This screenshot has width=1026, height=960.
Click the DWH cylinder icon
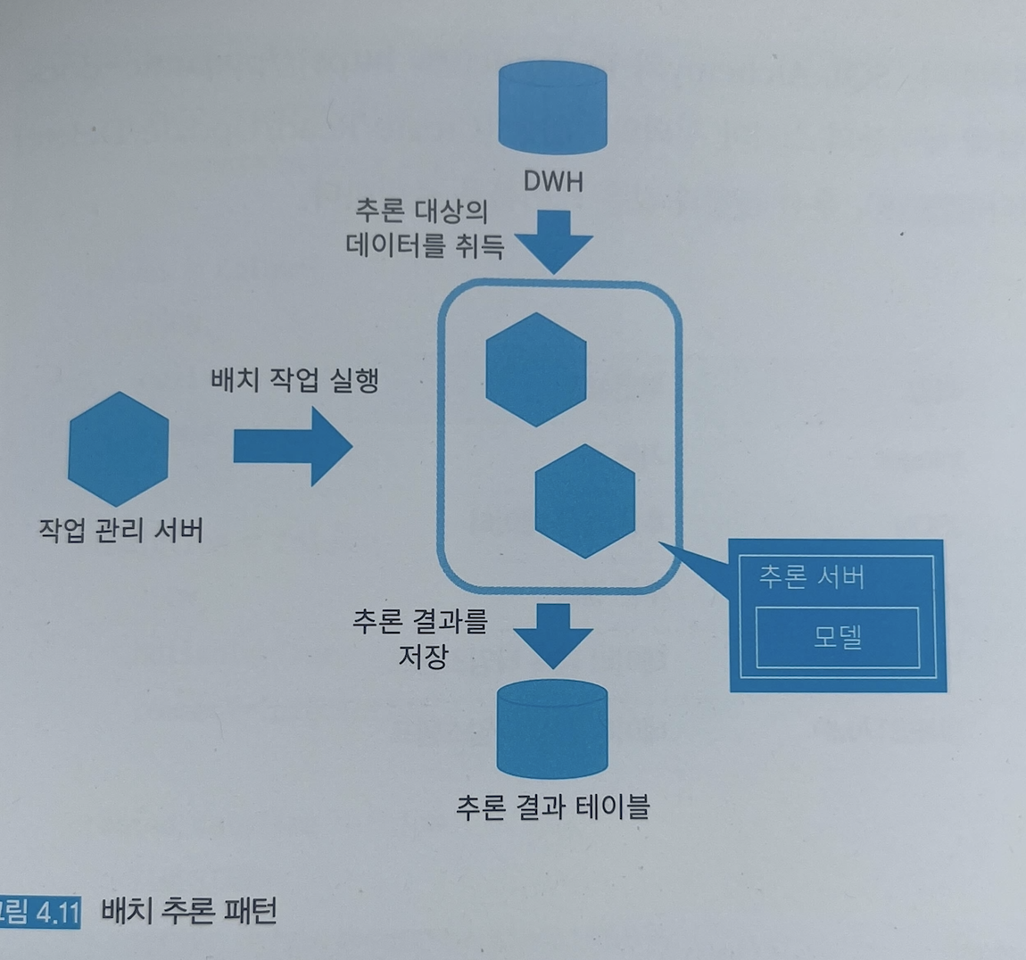point(552,108)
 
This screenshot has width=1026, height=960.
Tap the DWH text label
point(553,182)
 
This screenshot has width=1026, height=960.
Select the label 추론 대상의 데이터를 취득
point(424,228)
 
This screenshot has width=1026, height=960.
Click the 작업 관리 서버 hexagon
point(119,449)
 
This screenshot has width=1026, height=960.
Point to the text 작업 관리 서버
point(121,530)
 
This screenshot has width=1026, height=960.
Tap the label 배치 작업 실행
point(294,380)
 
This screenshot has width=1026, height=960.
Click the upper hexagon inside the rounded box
point(536,368)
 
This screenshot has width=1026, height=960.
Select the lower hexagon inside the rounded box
point(585,501)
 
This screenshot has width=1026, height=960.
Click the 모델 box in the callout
point(837,637)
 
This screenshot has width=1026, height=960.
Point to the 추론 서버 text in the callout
point(811,576)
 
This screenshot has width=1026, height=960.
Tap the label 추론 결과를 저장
point(420,638)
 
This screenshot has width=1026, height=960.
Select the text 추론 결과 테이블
point(553,807)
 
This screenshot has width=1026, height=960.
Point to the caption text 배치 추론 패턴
point(189,911)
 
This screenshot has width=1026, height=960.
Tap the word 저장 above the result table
point(423,657)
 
